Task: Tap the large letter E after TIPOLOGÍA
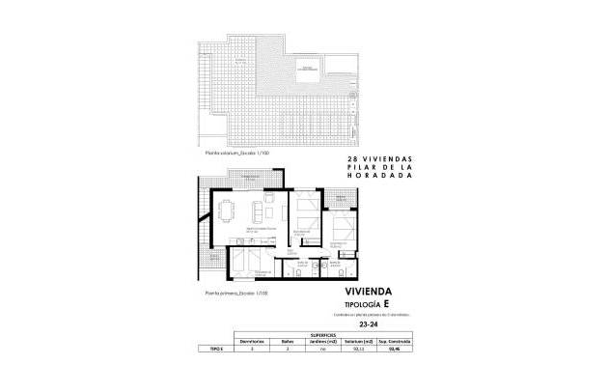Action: (x=388, y=303)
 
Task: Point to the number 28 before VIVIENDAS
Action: (x=352, y=159)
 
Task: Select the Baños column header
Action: (x=299, y=341)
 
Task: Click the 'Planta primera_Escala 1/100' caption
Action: (x=231, y=292)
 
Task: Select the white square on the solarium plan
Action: (x=310, y=68)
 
